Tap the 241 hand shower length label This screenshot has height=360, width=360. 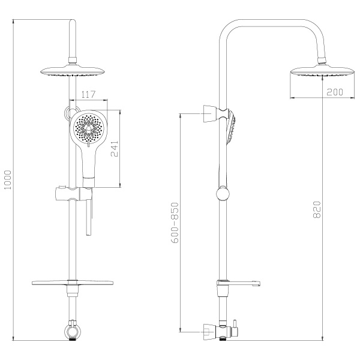pyautogui.click(x=114, y=147)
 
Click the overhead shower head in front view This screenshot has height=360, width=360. pyautogui.click(x=72, y=71)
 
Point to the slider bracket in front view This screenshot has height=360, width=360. pyautogui.click(x=72, y=194)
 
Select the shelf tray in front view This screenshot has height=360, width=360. pyautogui.click(x=72, y=284)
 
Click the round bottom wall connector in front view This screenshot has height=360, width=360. pyautogui.click(x=72, y=331)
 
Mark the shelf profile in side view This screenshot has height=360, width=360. pyautogui.click(x=240, y=284)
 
